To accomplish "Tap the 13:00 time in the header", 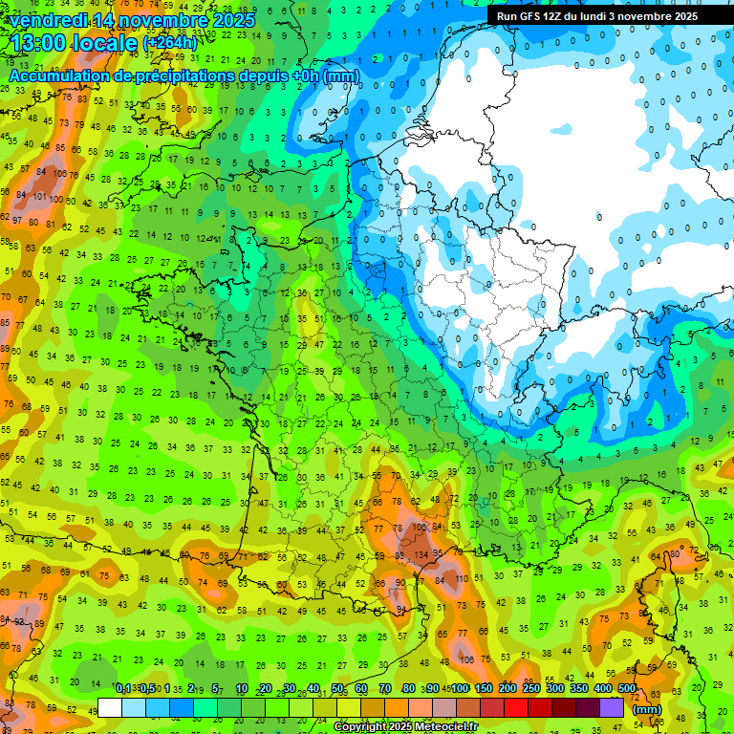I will click(40, 43).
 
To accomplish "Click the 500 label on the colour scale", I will click(627, 689).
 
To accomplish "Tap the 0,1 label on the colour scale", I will click(122, 689).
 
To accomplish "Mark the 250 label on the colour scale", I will click(531, 689).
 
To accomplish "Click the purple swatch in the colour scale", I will click(612, 707).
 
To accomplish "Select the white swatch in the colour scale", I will click(110, 707).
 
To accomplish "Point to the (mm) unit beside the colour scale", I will click(647, 709).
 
